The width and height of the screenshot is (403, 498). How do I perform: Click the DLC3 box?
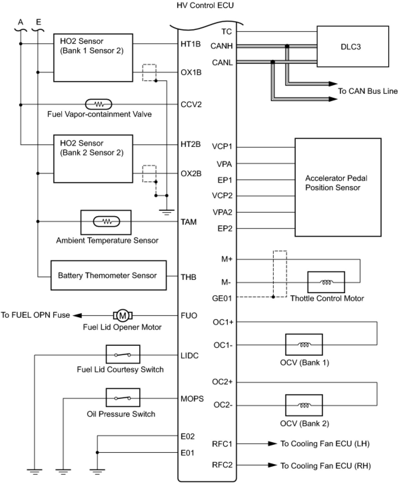point(352,47)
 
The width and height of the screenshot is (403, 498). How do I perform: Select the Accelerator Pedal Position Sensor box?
point(338,187)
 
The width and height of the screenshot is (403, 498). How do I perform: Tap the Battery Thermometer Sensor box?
point(108,275)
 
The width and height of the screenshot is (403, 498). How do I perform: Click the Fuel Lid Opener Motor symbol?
point(123,315)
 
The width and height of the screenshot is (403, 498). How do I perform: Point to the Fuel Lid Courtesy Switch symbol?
point(123,354)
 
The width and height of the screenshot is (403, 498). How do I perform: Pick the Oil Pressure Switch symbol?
point(123,398)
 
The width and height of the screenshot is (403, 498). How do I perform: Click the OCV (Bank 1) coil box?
point(304,345)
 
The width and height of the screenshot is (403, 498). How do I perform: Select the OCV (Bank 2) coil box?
point(304,405)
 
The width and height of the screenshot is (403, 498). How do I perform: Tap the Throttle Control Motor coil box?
point(326,282)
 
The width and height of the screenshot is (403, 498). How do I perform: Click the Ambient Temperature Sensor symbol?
point(106,222)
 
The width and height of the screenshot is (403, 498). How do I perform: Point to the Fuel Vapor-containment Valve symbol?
point(99,104)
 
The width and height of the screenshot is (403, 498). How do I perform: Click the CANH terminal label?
point(221,46)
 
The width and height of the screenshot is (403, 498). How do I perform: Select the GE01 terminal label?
point(222,298)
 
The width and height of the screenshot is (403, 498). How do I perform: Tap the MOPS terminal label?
point(192,399)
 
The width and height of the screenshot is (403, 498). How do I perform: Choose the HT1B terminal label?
point(191,44)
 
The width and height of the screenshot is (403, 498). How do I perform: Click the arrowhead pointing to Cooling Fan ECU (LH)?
point(273,443)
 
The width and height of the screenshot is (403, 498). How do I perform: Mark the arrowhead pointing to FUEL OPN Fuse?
point(77,315)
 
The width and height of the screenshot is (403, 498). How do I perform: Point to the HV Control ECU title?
point(205,5)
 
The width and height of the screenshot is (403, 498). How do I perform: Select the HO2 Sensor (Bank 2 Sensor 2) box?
point(93,159)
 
